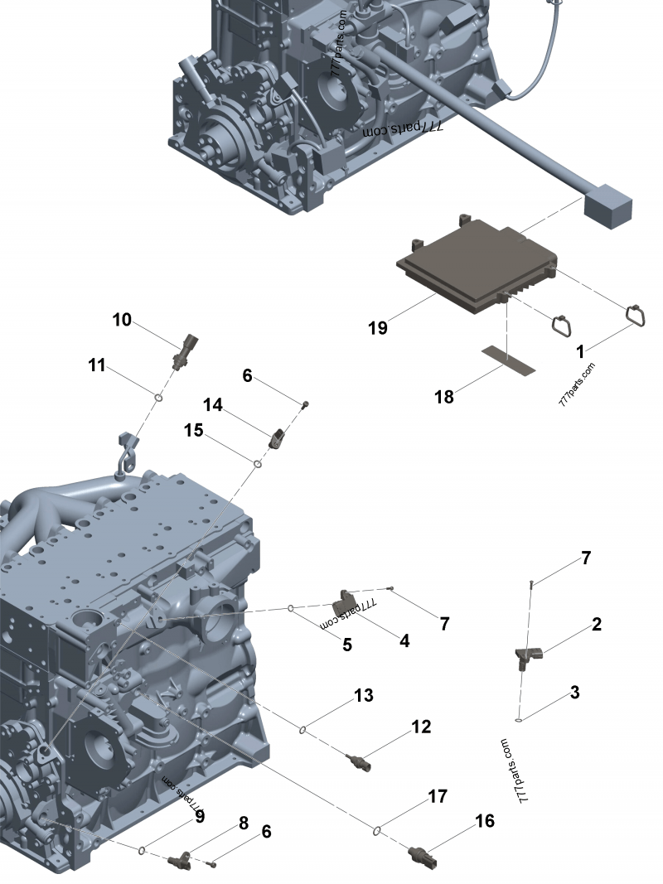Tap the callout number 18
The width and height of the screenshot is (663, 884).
(444, 397)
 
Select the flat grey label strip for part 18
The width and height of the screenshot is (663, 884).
(509, 359)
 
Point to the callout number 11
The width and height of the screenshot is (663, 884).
(97, 365)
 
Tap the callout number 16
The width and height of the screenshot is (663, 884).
(485, 821)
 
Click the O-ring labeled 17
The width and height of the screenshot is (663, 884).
(377, 829)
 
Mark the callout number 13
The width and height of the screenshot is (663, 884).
(364, 696)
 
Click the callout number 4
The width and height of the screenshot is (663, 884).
(404, 640)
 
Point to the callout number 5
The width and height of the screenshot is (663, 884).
(347, 643)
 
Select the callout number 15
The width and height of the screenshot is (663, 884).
(193, 431)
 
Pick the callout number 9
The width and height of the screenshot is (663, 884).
(200, 817)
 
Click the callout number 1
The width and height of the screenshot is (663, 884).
(581, 352)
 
